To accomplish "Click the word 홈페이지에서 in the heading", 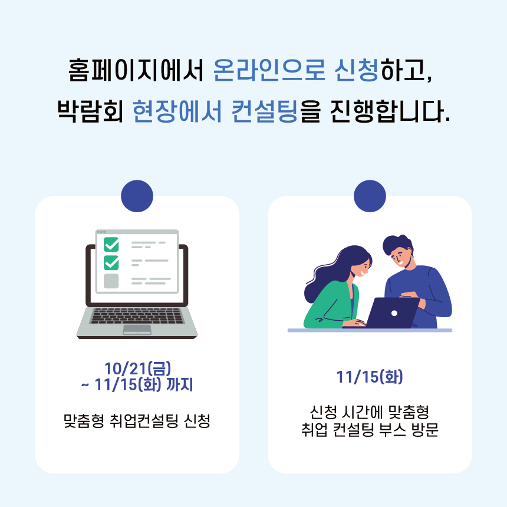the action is pos(136,70).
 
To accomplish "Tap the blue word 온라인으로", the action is pos(269,70).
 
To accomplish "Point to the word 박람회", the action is pos(90,111).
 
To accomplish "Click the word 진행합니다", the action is pos(390,111).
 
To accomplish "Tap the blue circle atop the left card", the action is pos(137,196).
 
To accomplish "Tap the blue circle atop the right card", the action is pos(370,196).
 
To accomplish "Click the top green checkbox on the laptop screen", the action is pos(111,245).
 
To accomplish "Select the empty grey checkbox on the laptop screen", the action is pos(111,281).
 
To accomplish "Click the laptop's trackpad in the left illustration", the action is pos(137,330).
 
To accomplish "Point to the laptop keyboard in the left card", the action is pos(137,316).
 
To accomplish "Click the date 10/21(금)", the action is pos(137,368).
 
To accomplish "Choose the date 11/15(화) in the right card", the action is pos(370,377).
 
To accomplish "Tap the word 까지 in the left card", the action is pos(179,385).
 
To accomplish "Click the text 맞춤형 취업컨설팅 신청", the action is pos(137,421).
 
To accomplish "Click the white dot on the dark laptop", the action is pos(394,313).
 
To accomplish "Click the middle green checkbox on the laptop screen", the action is pos(111,262).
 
